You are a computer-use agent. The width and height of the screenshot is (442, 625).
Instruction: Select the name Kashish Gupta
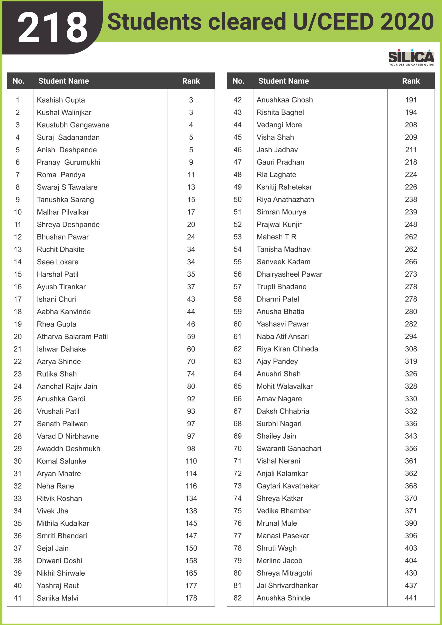pos(61,100)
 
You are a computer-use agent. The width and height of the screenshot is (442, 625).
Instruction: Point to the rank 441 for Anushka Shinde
pos(411,598)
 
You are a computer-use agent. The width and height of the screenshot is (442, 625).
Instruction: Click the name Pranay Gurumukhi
pos(68,162)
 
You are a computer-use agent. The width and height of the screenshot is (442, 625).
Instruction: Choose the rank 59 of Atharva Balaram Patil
pos(191,336)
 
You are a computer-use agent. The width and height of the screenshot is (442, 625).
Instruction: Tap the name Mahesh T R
pos(276,237)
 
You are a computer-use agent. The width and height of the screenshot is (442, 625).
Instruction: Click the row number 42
pos(237,100)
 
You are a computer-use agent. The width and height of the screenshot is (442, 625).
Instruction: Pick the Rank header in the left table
pos(191,81)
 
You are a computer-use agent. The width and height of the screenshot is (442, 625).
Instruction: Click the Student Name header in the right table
pos(283,81)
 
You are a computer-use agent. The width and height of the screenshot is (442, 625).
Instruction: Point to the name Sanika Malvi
pos(57,598)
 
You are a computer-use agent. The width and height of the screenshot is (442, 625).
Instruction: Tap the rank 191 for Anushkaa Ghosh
pos(411,100)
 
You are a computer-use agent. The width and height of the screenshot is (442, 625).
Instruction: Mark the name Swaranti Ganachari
pos(289,448)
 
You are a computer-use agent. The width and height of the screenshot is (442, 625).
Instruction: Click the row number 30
pos(18,461)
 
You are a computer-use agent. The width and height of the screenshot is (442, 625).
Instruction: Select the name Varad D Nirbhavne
pos(68,436)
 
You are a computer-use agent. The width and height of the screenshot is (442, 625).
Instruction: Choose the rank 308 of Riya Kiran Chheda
pos(411,349)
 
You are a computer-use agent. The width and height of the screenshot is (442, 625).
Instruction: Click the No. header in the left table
pos(19,81)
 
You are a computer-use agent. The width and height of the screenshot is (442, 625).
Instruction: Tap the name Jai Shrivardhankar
pos(287,585)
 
